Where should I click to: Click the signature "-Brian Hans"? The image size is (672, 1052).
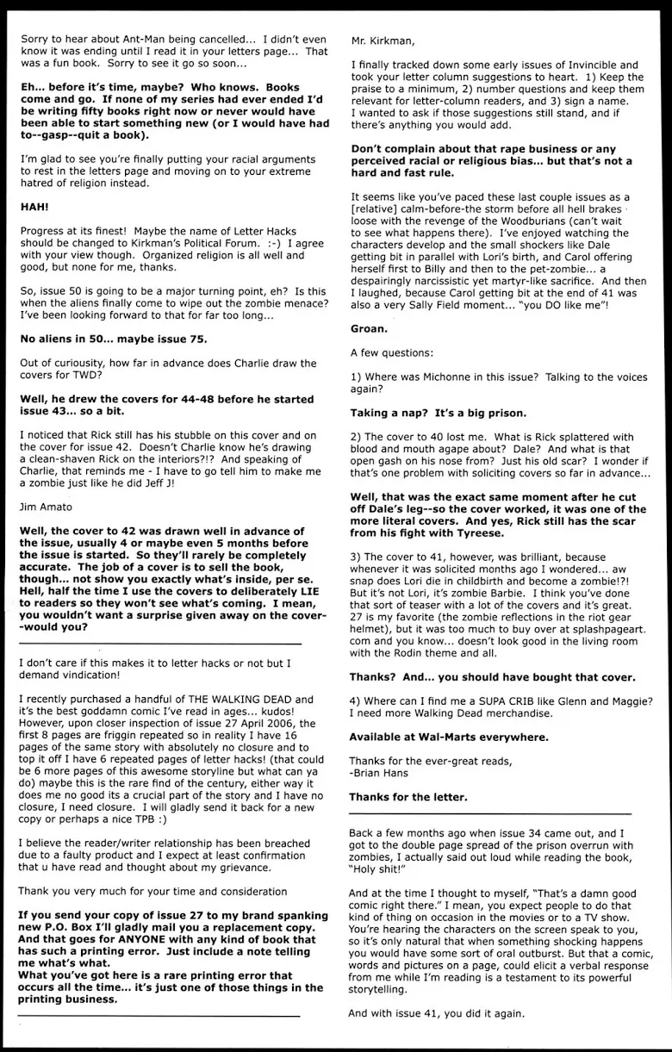pyautogui.click(x=380, y=772)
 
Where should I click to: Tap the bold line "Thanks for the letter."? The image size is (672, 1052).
pyautogui.click(x=408, y=797)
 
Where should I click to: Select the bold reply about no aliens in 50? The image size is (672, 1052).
pyautogui.click(x=112, y=339)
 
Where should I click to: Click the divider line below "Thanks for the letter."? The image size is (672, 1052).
pyautogui.click(x=489, y=814)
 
